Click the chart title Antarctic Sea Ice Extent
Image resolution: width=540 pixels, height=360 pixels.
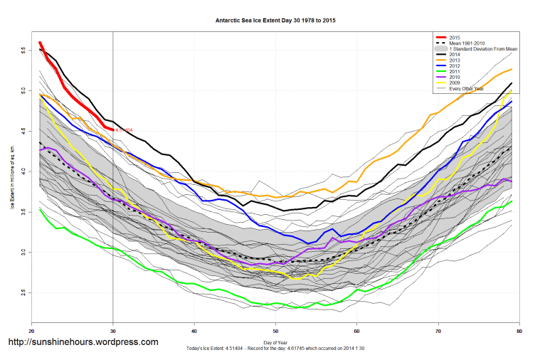click(275, 21)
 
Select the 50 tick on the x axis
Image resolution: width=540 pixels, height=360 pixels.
click(275, 332)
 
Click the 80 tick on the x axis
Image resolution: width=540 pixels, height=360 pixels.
click(519, 332)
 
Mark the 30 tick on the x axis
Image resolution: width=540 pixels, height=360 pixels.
click(113, 332)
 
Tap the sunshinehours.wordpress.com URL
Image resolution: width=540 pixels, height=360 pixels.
click(83, 342)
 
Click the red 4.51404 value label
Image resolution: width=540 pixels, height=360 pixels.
click(125, 130)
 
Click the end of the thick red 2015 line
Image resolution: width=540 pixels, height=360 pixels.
click(113, 129)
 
